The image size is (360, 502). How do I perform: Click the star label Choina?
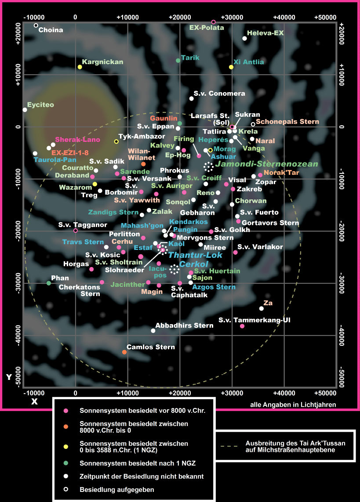coord(51,30)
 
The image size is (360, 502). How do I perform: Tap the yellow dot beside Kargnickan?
coord(80,67)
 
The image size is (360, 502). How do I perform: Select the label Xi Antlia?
coord(249,62)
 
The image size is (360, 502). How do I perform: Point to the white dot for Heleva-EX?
coord(245,39)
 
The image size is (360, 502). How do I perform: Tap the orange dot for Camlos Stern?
coord(124,352)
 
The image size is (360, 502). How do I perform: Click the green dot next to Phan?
coord(49,283)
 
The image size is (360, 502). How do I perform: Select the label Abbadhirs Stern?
coord(185,325)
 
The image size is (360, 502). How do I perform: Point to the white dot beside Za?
coord(261,308)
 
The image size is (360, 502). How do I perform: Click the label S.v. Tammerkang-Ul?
coord(255,320)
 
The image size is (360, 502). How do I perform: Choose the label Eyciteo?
coord(40,105)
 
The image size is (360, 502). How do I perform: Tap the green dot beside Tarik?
coord(178,61)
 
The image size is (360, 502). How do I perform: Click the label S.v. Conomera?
coord(220,94)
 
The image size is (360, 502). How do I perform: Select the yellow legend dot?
coord(65,447)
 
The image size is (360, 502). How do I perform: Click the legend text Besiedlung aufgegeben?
coord(116,489)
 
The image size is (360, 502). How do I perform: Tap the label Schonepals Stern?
coord(288,122)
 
